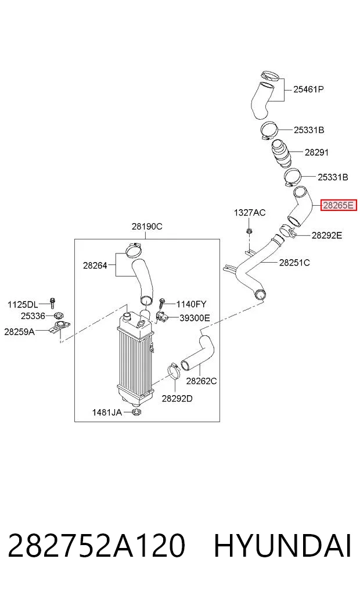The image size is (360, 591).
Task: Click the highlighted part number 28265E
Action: (x=338, y=205)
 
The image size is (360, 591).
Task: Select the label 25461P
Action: (x=308, y=89)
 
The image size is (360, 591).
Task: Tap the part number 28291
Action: (x=316, y=152)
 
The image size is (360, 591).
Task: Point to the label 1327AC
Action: (x=249, y=213)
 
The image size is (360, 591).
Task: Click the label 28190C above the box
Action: (x=147, y=227)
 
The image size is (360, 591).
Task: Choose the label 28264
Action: (x=95, y=266)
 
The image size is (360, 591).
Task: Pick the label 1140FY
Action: (x=191, y=304)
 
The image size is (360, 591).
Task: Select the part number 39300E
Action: (x=195, y=318)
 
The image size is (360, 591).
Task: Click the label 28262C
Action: (x=201, y=381)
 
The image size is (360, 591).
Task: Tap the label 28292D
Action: (x=177, y=399)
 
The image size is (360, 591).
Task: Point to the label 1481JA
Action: (x=107, y=413)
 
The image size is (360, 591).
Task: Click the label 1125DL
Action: (x=23, y=305)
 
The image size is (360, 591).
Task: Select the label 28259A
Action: (x=19, y=332)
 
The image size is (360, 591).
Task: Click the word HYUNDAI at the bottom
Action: (x=282, y=545)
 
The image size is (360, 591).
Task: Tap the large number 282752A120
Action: (x=96, y=545)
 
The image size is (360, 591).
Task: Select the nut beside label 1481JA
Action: (x=136, y=412)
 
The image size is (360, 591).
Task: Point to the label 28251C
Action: (x=294, y=262)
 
